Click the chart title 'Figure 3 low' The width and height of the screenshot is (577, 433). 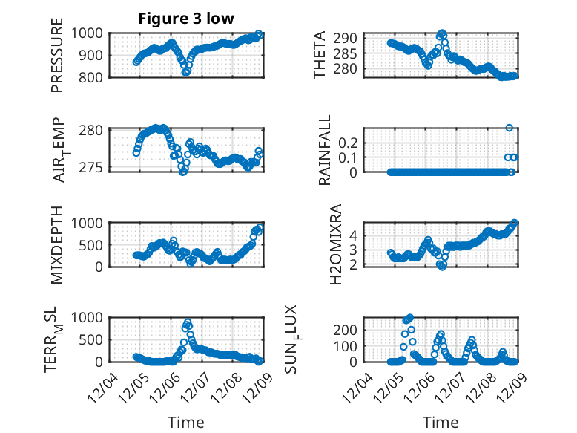(186, 19)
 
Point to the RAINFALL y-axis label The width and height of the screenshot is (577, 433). (325, 151)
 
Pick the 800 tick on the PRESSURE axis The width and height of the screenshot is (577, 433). (93, 76)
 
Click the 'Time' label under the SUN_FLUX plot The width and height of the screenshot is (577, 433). (441, 423)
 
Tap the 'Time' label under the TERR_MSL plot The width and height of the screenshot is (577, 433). (185, 423)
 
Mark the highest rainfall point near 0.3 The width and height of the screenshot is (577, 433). (510, 128)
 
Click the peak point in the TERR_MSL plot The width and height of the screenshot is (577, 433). (188, 322)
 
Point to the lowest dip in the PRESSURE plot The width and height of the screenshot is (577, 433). (186, 72)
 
